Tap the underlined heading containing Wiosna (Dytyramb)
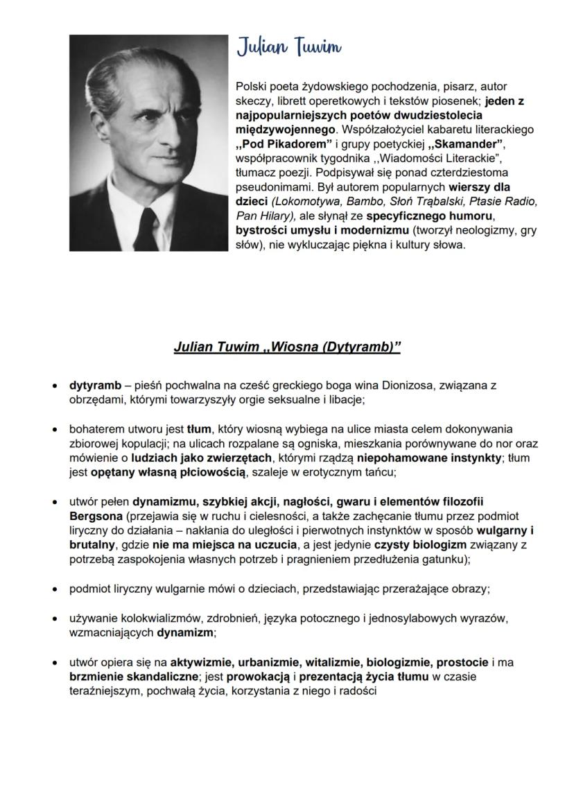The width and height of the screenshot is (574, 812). point(287,347)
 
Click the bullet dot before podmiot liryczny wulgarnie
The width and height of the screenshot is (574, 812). point(54,589)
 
